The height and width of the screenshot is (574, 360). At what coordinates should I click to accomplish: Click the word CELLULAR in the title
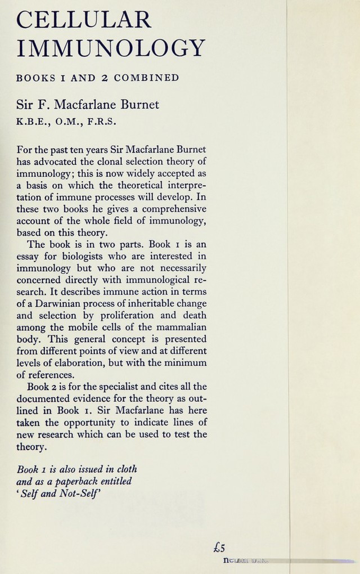(x=84, y=20)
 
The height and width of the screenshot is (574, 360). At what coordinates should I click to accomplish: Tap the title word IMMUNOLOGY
(x=111, y=49)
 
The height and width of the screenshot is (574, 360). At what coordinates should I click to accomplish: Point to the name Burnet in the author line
(x=139, y=104)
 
